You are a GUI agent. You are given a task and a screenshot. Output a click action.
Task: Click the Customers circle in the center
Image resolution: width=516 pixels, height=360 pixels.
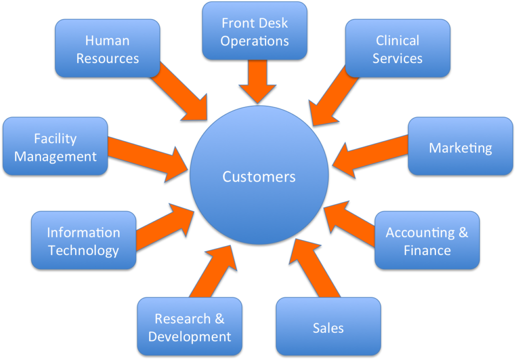[259, 176]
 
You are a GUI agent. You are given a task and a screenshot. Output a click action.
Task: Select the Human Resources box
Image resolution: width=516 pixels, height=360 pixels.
[107, 49]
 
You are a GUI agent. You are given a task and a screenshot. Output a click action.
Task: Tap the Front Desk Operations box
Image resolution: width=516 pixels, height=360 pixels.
[254, 31]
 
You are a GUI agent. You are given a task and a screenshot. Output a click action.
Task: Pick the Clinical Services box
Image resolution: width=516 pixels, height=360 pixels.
[398, 48]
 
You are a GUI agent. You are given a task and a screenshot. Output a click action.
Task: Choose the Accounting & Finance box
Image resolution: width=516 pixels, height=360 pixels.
[427, 241]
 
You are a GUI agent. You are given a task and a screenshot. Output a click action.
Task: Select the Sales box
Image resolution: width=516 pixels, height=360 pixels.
[328, 328]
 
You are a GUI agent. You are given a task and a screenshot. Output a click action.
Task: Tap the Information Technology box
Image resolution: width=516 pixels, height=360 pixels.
[84, 241]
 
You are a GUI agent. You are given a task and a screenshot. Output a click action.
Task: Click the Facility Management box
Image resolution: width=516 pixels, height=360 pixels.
[55, 147]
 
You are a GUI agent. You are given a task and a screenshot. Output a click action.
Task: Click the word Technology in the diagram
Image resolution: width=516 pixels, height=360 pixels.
[84, 250]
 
